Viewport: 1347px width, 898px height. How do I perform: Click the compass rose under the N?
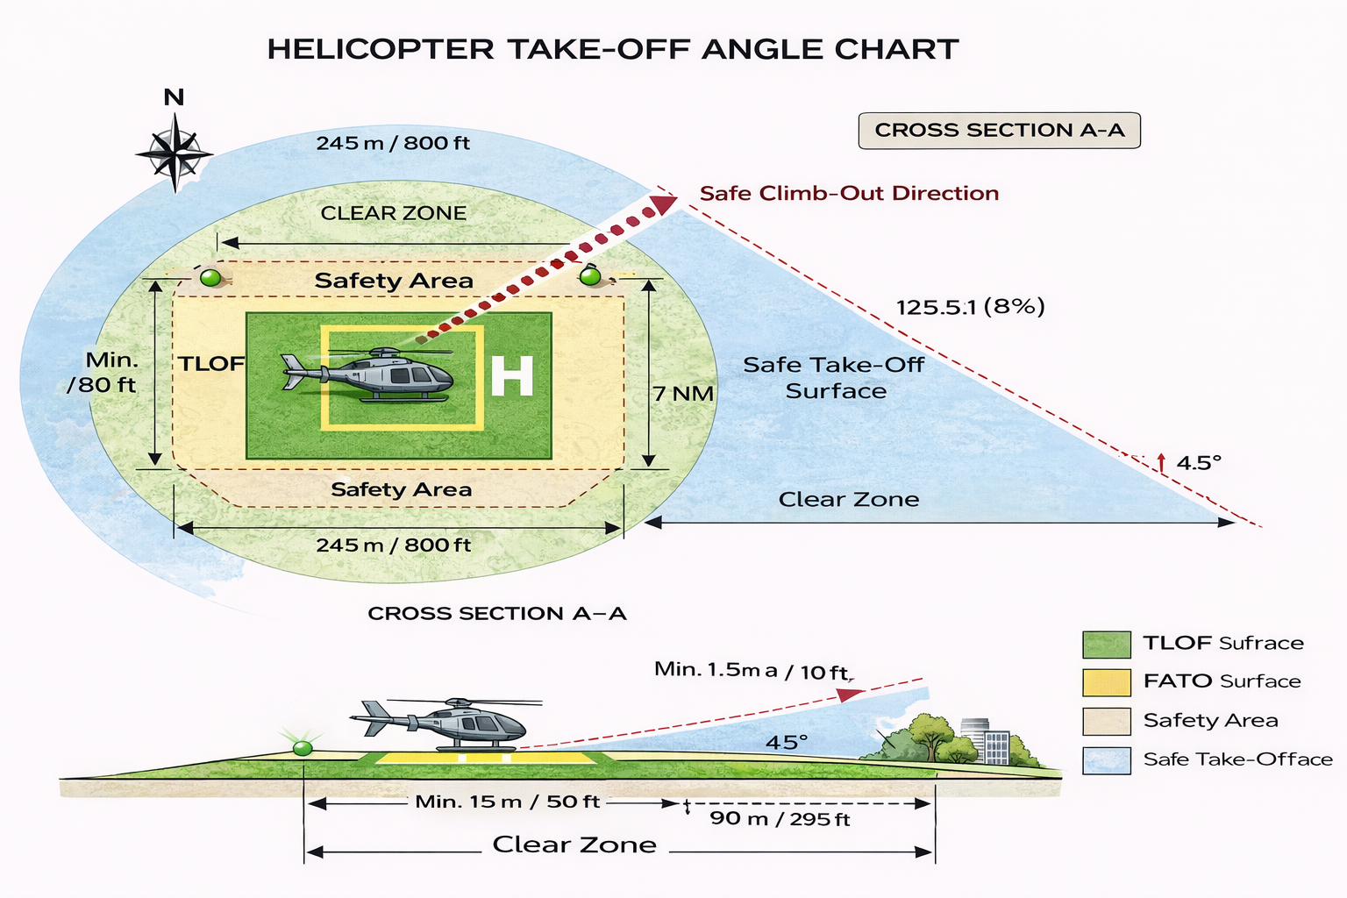pos(175,153)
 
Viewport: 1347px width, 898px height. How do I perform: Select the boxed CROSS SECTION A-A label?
pos(999,131)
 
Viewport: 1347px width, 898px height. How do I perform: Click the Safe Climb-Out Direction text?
pos(849,194)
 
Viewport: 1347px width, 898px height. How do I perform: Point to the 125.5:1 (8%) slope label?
pos(970,307)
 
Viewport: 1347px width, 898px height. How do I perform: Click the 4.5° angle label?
pos(1198,463)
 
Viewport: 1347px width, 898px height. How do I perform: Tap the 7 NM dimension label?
pos(683,394)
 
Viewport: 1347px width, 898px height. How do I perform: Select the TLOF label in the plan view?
pos(211,364)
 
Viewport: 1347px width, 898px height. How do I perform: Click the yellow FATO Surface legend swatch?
pos(1106,682)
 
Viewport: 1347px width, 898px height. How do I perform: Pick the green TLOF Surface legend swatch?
pos(1106,644)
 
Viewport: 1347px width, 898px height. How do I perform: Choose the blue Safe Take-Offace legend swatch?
pos(1106,759)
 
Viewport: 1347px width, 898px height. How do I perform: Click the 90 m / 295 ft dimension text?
pos(780,819)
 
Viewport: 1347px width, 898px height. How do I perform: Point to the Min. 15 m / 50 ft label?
pos(507,802)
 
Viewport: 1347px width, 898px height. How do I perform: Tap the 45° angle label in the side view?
pos(787,743)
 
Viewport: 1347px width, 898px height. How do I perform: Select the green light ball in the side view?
pos(303,748)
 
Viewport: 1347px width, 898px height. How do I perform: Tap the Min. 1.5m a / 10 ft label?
pos(752,671)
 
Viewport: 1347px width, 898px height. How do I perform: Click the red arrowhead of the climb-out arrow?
pos(663,203)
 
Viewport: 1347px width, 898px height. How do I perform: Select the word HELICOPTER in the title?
pos(381,49)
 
